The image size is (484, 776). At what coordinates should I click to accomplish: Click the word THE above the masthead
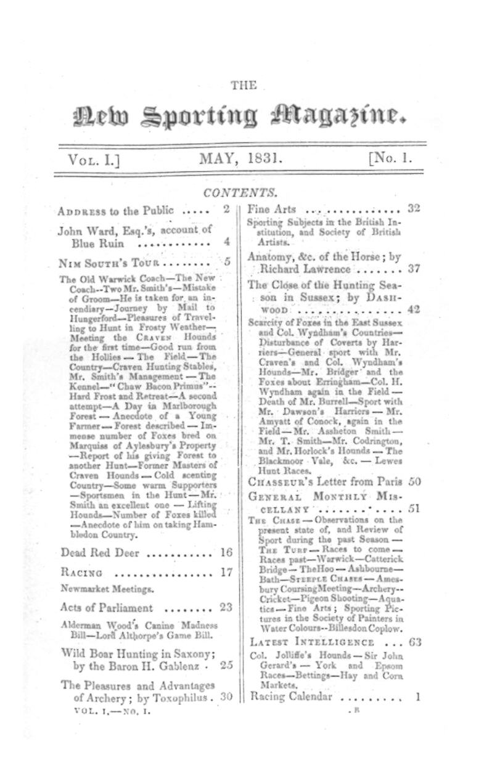(x=243, y=86)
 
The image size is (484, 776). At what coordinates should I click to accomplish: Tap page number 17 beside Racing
(x=226, y=572)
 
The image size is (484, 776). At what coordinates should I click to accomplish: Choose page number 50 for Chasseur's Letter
(x=413, y=481)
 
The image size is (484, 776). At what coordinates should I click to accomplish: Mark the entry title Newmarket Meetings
(x=99, y=589)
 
